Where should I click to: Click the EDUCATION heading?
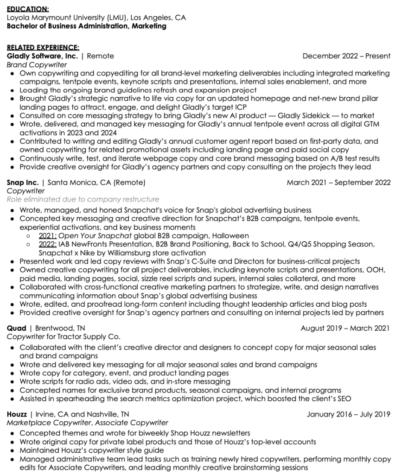tap(28, 9)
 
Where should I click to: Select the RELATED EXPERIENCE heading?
tap(43, 47)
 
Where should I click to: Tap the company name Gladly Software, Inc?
tap(43, 56)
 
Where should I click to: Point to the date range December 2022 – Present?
tap(346, 56)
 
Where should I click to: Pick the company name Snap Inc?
tap(23, 182)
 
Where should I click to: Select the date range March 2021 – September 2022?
tap(338, 182)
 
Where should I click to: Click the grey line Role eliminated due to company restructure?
tap(83, 199)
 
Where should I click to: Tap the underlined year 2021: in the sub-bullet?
tap(48, 236)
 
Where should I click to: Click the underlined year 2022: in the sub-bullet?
tap(48, 244)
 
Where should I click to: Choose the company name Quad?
tap(17, 328)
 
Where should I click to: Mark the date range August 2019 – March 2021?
tap(345, 328)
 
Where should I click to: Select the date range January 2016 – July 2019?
tap(349, 414)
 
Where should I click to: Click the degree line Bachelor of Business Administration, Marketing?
tap(86, 26)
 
